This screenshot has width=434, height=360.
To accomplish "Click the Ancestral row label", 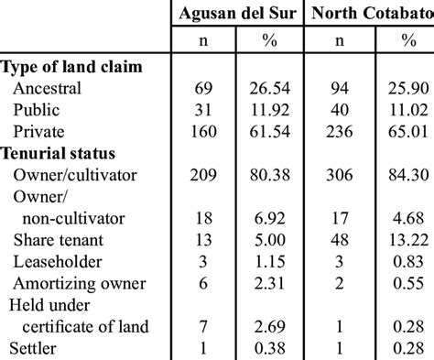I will [x=48, y=89].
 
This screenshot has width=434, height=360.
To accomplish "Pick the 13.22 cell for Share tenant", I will [x=405, y=239].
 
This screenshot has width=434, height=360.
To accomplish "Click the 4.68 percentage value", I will [x=405, y=218].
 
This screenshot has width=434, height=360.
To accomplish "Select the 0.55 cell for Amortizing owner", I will [x=405, y=283].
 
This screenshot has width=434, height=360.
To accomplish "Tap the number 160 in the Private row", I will [x=205, y=131].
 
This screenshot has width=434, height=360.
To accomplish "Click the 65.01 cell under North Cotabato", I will [x=405, y=131].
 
